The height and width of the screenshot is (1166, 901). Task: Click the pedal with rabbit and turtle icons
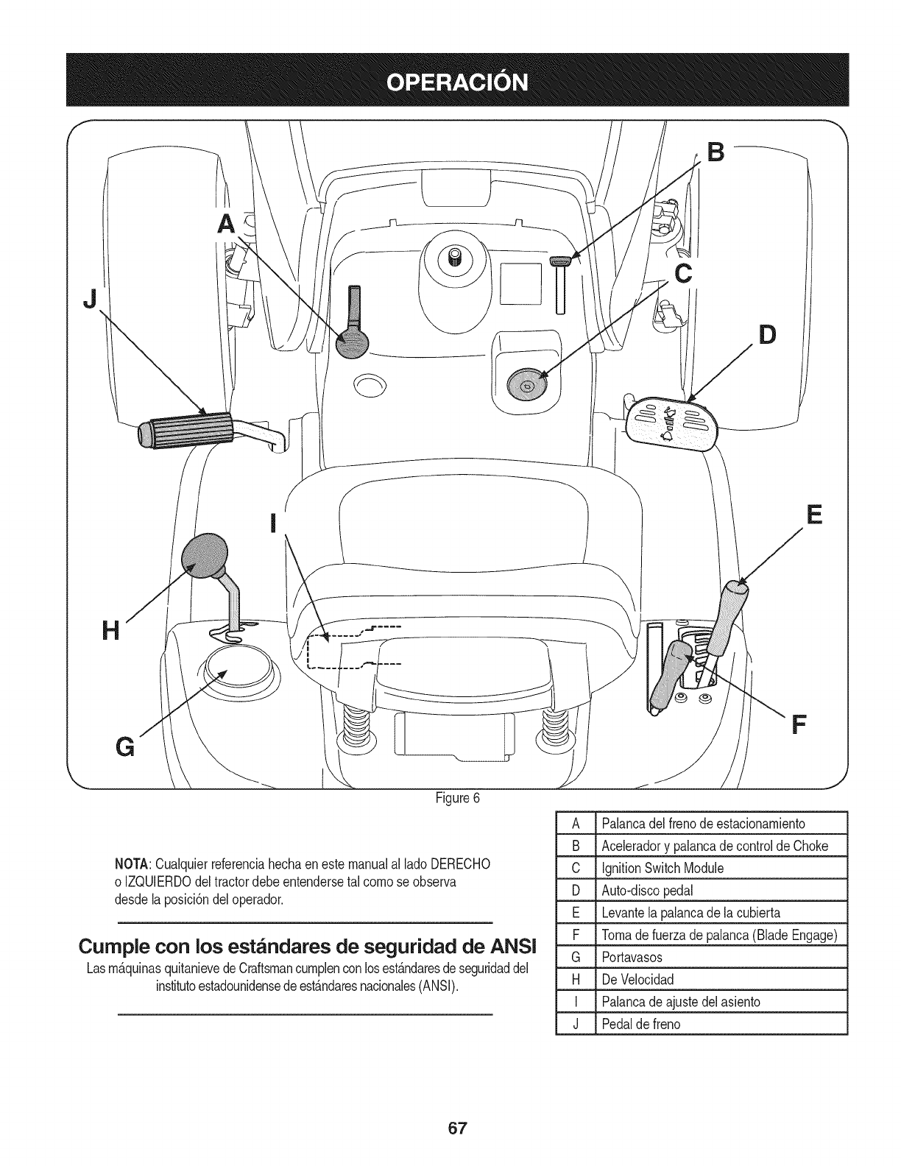coord(671,423)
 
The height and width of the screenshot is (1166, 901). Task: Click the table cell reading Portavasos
coord(632,957)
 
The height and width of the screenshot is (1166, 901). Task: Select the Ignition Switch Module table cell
coord(662,868)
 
